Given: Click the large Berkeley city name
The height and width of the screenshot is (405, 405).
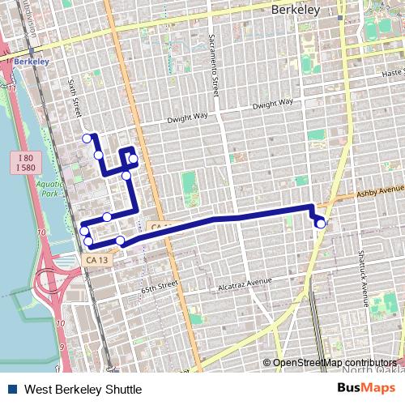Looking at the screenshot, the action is coord(296,10).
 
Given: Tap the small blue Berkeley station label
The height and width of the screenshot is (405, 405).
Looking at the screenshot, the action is coord(31,61).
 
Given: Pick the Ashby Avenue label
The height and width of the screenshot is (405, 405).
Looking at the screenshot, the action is coord(378,194).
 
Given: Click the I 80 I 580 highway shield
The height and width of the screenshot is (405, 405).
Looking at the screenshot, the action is coord(23,162).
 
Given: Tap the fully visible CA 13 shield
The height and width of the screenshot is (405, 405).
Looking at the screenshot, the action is coord(96,260).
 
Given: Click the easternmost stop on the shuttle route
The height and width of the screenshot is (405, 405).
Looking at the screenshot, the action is coord(321,224).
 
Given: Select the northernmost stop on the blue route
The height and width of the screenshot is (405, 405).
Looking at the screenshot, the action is coord(87,139).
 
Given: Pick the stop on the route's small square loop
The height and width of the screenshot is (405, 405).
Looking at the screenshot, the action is coord(133,158).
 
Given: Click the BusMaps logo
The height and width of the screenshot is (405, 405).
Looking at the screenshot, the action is coord(367,389).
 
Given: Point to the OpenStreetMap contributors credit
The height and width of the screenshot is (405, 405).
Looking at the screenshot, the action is coord(334,363).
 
